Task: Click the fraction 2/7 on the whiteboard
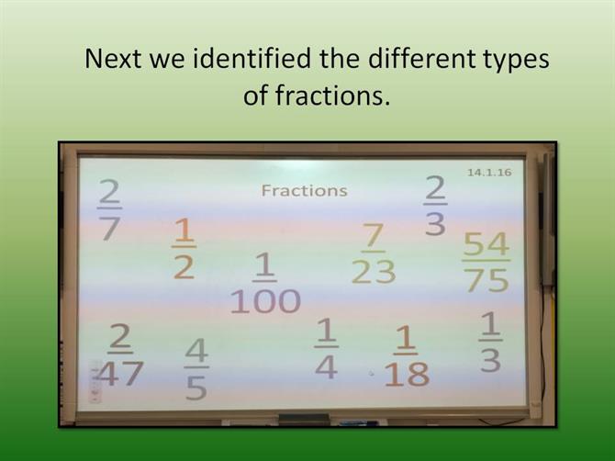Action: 109,209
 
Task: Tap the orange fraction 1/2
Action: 184,249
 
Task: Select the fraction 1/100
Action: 265,283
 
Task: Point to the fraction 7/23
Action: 374,253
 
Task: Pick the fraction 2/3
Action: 435,205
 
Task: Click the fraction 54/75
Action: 486,262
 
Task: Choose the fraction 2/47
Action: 119,354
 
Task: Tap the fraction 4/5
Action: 196,369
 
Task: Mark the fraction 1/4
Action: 326,348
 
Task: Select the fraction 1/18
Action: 407,356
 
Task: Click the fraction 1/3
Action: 490,342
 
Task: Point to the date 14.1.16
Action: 489,173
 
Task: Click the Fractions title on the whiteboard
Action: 305,191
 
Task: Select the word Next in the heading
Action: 113,59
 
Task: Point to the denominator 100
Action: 265,301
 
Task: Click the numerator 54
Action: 486,244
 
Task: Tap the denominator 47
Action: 119,374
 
